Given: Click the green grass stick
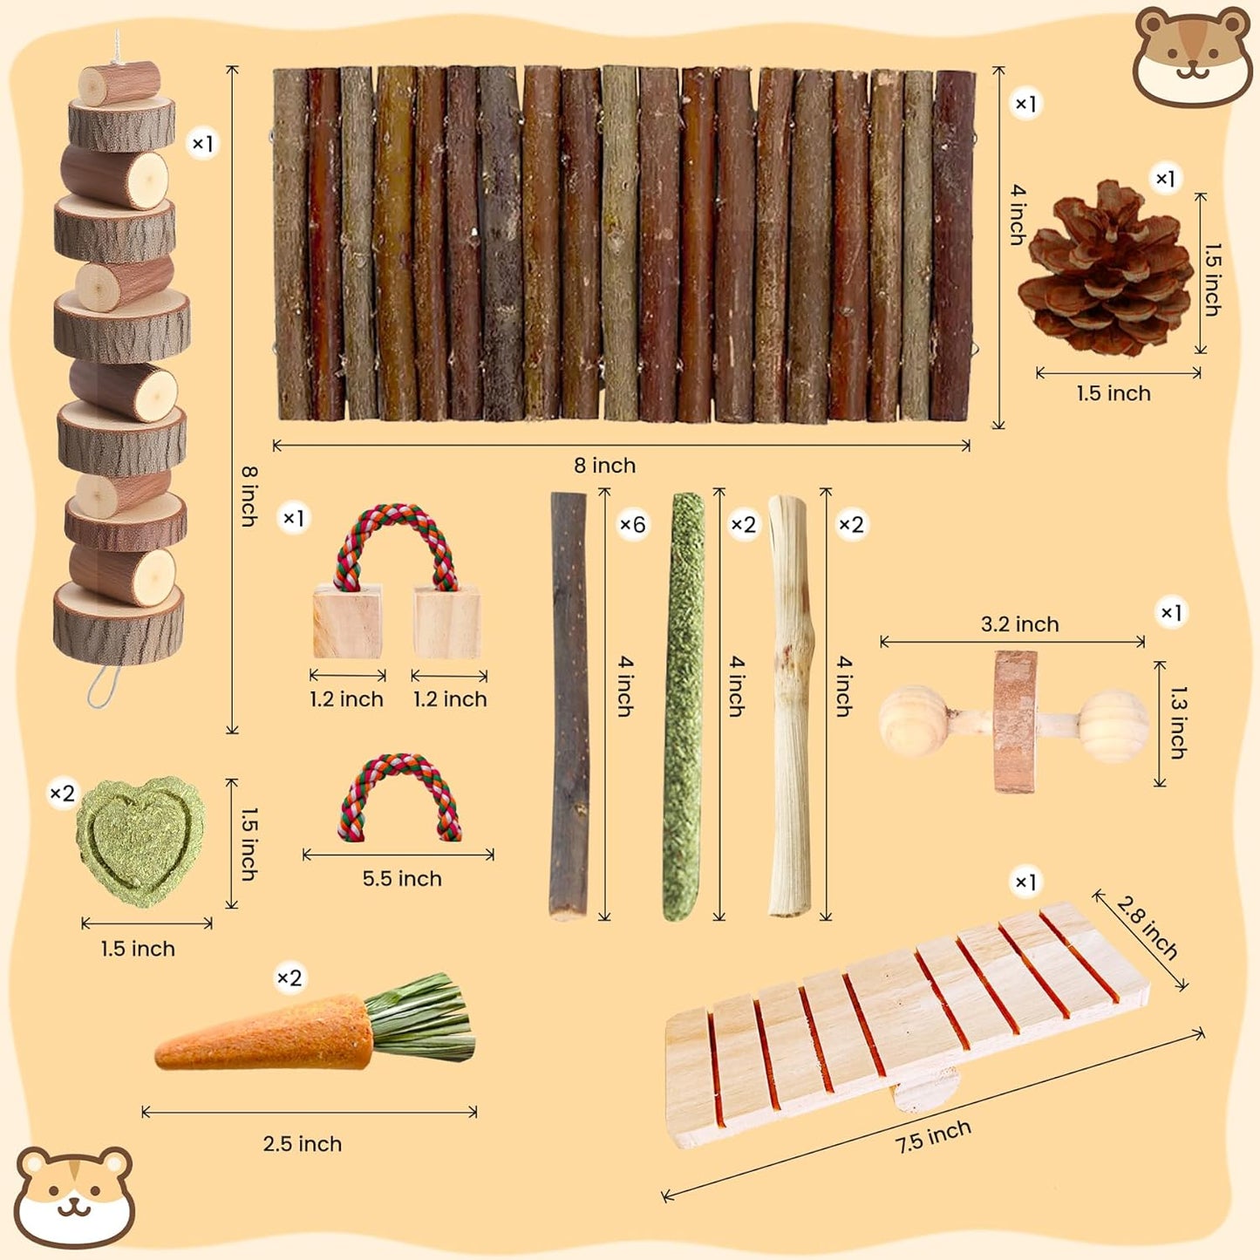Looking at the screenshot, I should pyautogui.click(x=683, y=706).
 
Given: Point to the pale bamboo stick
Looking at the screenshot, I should pyautogui.click(x=790, y=706).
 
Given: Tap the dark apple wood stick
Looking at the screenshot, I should pyautogui.click(x=569, y=706).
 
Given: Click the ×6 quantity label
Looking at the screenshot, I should pyautogui.click(x=632, y=525).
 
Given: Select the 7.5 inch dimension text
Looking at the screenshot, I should pyautogui.click(x=933, y=1136).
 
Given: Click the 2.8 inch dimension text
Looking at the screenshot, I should pyautogui.click(x=1147, y=928).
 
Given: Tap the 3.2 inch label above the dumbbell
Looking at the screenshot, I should pyautogui.click(x=1019, y=624).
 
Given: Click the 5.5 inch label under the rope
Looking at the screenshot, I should pyautogui.click(x=402, y=879).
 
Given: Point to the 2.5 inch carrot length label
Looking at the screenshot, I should pyautogui.click(x=303, y=1144).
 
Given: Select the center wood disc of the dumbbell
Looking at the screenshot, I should pyautogui.click(x=1015, y=722).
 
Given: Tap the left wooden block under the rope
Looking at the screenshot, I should pyautogui.click(x=347, y=622).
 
